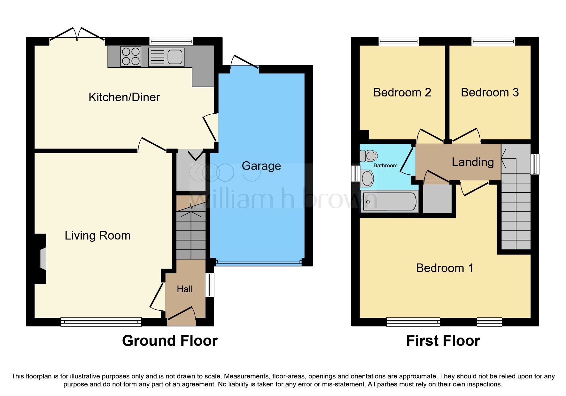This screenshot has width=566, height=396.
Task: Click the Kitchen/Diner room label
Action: (124, 97)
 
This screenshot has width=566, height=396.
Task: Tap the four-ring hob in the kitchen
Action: (131, 57)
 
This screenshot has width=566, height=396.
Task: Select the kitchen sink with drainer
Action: (166, 57)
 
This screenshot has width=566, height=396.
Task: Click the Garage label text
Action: (261, 166)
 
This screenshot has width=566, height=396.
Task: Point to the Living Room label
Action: (97, 236)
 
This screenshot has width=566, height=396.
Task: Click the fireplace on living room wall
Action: (43, 259)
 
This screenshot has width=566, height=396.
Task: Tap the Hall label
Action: (185, 289)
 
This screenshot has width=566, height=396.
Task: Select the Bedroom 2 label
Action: (402, 93)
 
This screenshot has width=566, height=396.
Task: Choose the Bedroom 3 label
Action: (490, 93)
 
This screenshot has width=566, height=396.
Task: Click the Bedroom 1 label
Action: (445, 268)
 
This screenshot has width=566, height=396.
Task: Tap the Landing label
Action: (473, 162)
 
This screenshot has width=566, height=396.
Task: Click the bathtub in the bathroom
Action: (389, 202)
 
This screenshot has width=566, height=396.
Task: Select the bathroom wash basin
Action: (367, 178)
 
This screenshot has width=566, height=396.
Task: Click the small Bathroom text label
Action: (385, 165)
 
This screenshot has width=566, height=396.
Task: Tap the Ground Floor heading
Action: (170, 341)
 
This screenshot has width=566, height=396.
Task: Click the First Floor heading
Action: (443, 341)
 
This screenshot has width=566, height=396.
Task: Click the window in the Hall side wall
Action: (210, 285)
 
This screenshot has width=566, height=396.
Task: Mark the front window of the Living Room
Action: (101, 322)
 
